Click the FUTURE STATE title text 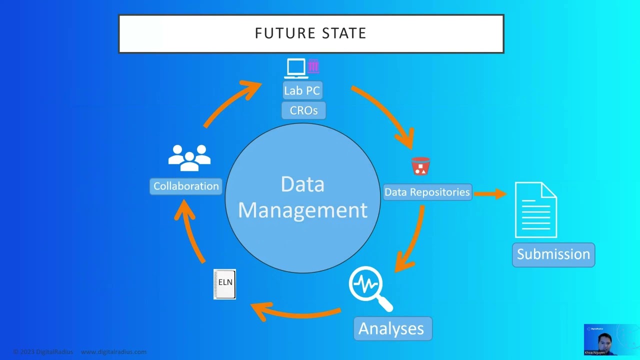click(x=310, y=33)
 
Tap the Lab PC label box click(x=302, y=90)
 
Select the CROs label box click(x=303, y=110)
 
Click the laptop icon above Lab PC click(x=295, y=68)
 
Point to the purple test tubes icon click(x=313, y=66)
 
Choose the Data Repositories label click(x=427, y=192)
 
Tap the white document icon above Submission click(x=536, y=210)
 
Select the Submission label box click(x=553, y=254)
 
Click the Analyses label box click(x=391, y=328)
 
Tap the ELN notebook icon click(x=224, y=284)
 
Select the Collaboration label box click(x=186, y=186)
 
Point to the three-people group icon click(x=189, y=157)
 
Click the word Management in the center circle click(x=302, y=210)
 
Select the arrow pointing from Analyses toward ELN click(x=295, y=312)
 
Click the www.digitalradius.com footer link click(x=114, y=352)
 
